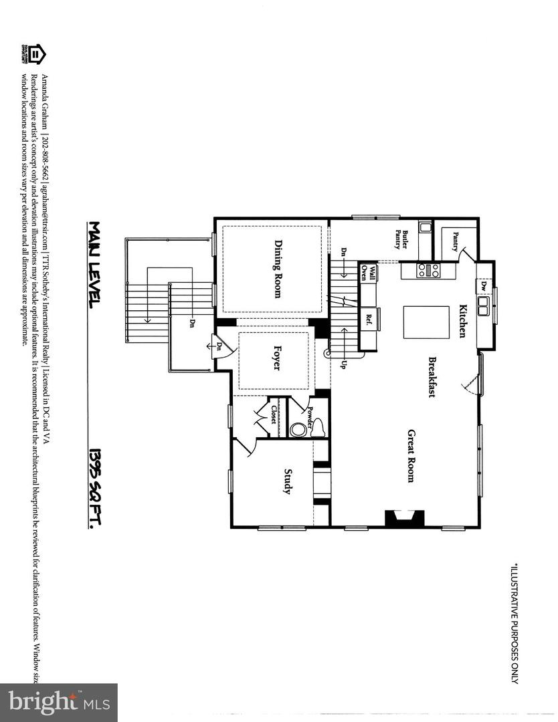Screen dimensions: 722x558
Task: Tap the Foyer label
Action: [x=276, y=358]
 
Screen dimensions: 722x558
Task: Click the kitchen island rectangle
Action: [x=426, y=323]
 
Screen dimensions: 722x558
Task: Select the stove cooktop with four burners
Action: [x=429, y=271]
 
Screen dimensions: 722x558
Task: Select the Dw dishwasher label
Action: [x=483, y=285]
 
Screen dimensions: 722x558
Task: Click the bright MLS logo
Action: [x=58, y=702]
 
